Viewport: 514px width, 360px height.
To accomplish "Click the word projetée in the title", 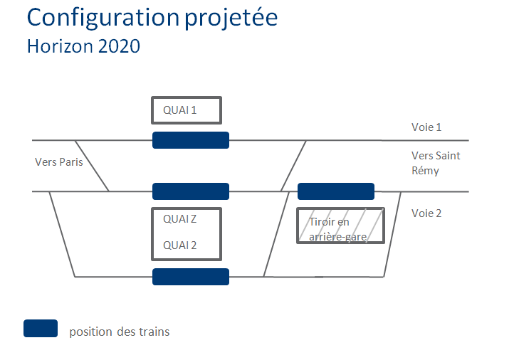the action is click(231, 18).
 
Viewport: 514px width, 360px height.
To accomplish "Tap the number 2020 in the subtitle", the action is click(119, 46).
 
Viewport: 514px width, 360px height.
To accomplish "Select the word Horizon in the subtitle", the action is click(61, 46).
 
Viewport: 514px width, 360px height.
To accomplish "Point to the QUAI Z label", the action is click(180, 219).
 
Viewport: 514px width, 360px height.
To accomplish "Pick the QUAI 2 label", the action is click(180, 245).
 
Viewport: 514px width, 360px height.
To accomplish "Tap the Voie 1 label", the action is click(426, 127).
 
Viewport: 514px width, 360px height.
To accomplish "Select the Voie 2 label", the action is click(426, 213).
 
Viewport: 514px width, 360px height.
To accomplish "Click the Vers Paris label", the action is click(59, 162).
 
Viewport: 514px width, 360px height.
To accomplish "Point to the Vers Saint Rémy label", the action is click(436, 163).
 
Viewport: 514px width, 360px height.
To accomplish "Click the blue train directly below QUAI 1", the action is click(191, 140).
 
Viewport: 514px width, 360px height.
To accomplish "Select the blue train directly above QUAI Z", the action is click(191, 191).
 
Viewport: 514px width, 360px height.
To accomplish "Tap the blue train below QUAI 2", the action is click(191, 277).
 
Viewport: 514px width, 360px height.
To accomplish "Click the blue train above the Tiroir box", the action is click(336, 191).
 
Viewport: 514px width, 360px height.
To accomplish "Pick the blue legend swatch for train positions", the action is click(41, 328).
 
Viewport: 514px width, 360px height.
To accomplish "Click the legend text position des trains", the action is click(120, 332).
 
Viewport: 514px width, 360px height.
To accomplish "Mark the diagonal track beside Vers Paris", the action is click(92, 166).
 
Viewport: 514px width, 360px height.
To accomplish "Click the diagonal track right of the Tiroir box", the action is click(392, 234).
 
